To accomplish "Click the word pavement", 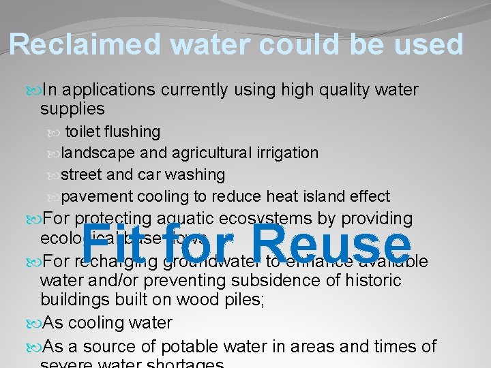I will [x=98, y=197].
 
